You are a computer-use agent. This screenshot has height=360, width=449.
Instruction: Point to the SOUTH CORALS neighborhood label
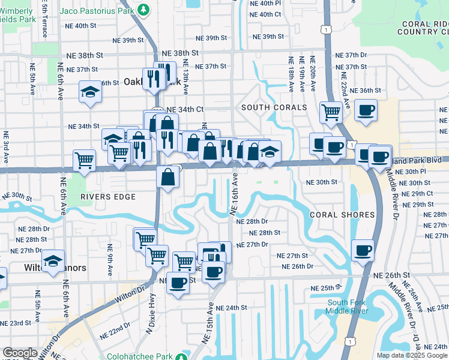274,107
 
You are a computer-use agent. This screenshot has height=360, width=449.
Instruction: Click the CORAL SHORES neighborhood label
342,215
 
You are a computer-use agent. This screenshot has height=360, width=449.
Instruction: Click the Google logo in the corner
20,353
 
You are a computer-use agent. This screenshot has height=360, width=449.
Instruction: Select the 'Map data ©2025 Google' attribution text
412,355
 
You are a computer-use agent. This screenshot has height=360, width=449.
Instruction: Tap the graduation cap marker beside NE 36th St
90,92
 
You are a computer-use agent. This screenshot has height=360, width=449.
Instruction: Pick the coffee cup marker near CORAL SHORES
363,250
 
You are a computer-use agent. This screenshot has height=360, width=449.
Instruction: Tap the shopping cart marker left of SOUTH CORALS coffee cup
331,111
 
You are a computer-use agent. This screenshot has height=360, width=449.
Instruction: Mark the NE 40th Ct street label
265,14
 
